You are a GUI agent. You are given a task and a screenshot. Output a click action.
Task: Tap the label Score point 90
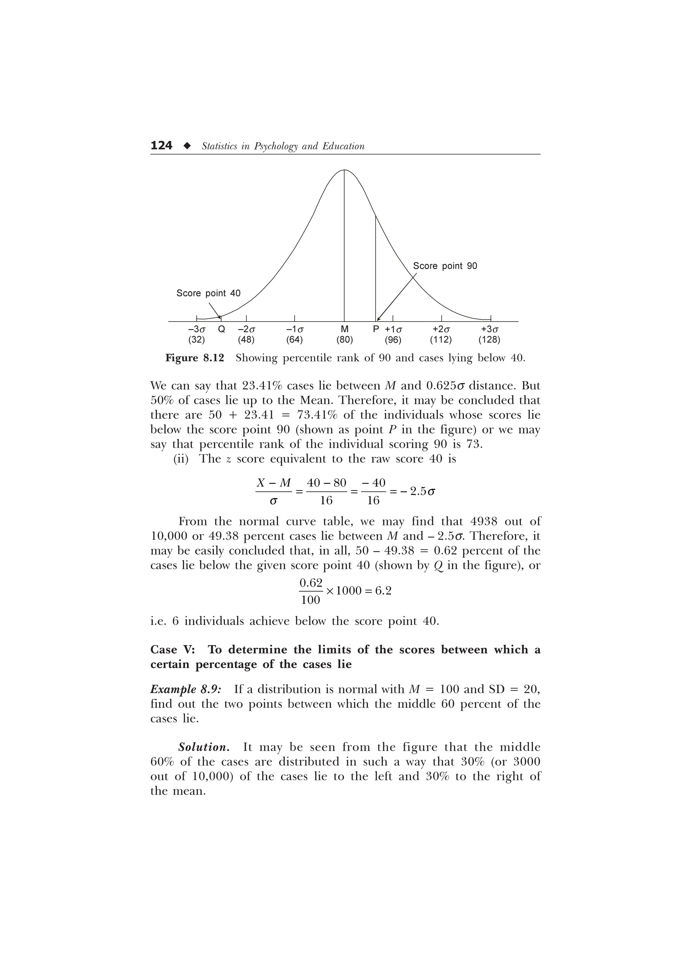pos(445,266)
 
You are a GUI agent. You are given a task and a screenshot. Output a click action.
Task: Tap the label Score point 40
pos(208,293)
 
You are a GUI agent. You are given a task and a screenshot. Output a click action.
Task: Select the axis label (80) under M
pos(344,340)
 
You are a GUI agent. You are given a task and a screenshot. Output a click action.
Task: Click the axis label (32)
pos(196,340)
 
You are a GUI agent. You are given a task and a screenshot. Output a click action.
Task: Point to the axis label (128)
pos(489,340)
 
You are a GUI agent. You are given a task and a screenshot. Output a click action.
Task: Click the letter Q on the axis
pos(221,329)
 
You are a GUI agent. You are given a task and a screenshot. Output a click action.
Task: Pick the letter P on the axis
pos(376,329)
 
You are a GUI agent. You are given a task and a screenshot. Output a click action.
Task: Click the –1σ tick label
pos(295,329)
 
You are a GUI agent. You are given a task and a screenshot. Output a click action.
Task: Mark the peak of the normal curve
pos(344,170)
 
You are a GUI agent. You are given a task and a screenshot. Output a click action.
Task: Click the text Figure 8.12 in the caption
pos(195,358)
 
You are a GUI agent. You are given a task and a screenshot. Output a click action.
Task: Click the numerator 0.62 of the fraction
pos(311,582)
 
